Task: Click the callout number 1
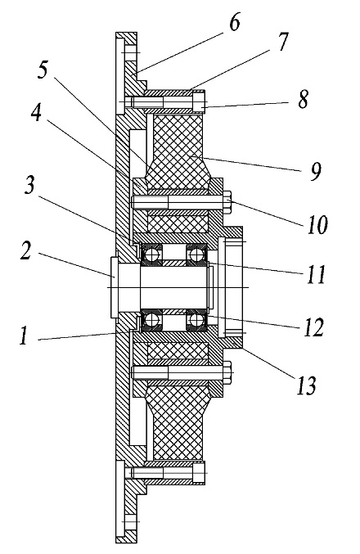[24, 336]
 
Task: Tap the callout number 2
[25, 251]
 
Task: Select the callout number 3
[29, 185]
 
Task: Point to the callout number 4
[36, 114]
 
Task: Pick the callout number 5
[43, 70]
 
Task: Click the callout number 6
[235, 22]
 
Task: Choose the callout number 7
[282, 42]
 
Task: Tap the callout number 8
[303, 99]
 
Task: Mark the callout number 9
[316, 172]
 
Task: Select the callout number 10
[317, 224]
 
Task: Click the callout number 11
[316, 274]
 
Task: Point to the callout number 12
[314, 327]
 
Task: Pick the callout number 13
[306, 385]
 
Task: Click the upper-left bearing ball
[151, 254]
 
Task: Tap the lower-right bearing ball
[196, 320]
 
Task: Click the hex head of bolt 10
[227, 202]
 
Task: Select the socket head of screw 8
[199, 101]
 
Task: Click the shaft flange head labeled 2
[114, 287]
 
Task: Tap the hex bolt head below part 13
[227, 373]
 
